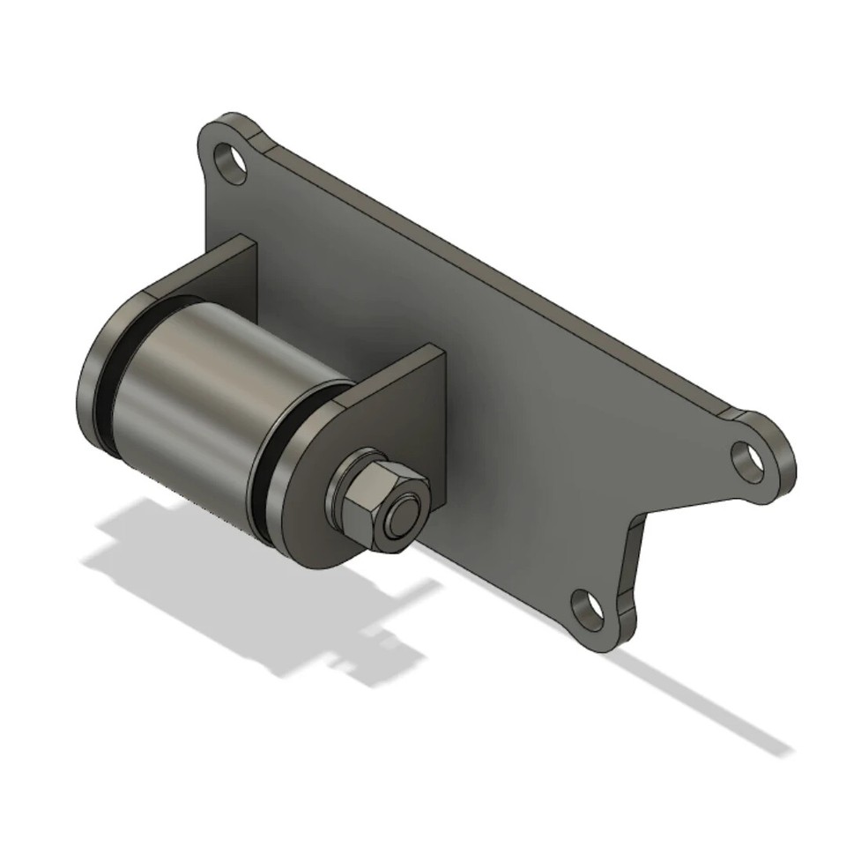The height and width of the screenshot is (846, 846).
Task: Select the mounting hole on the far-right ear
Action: (748, 460)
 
